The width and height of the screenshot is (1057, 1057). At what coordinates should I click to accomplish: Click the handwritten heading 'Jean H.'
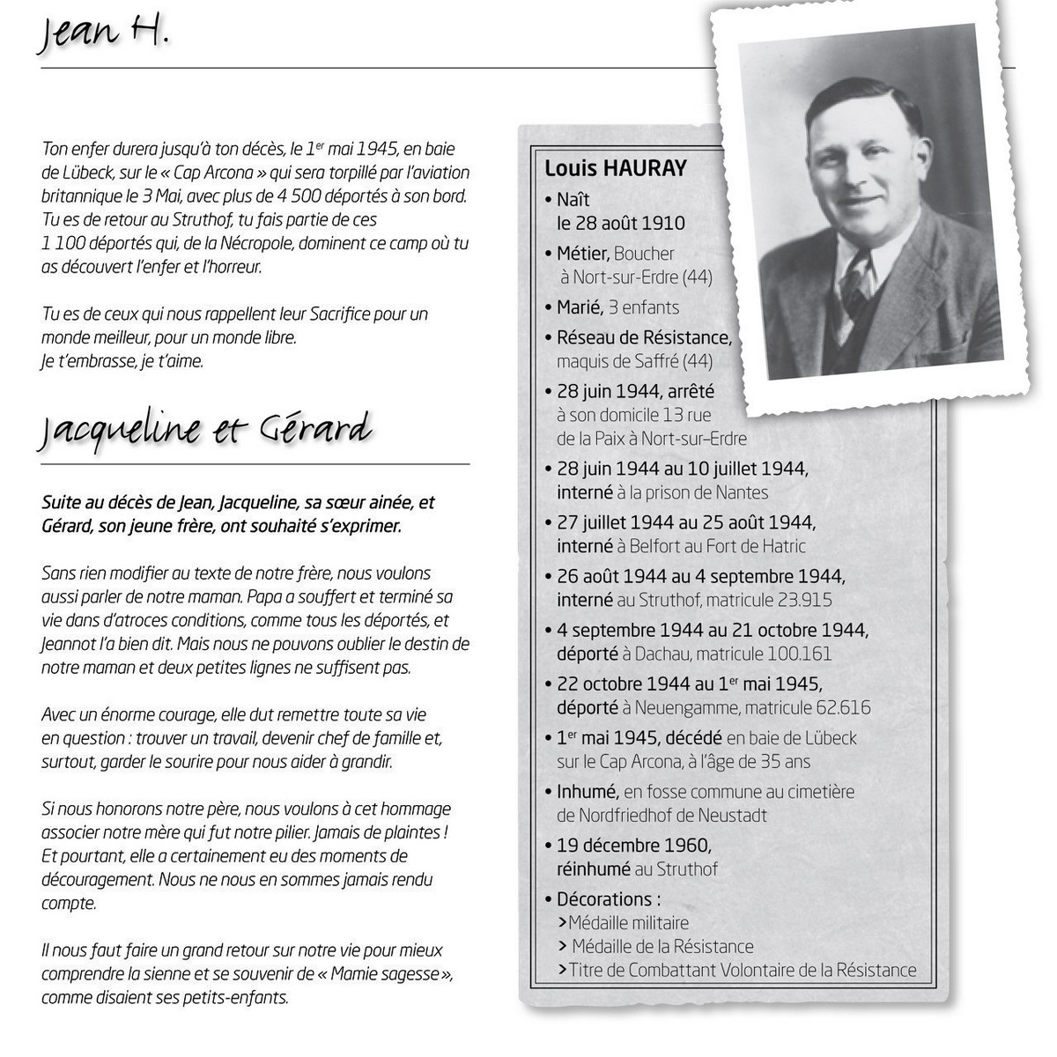[102, 35]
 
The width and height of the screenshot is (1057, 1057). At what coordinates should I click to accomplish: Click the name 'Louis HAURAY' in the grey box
[616, 168]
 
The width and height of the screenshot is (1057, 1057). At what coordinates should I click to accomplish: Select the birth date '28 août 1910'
[621, 223]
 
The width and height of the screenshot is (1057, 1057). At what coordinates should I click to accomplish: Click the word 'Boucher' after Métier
[644, 254]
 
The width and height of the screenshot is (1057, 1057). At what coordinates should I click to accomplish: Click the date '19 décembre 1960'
[633, 846]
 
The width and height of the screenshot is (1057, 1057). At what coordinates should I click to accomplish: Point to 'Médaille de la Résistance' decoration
[662, 947]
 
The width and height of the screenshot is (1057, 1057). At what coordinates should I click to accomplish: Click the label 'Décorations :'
[609, 899]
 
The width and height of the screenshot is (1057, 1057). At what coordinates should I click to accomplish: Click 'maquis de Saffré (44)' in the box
[635, 361]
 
